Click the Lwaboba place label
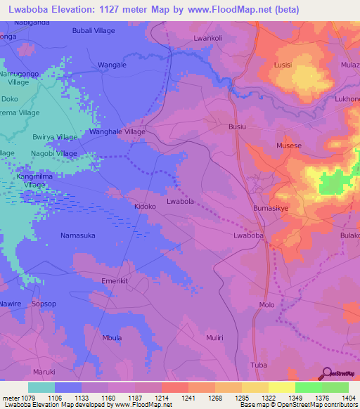[248, 237]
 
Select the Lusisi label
[282, 65]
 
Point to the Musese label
[289, 146]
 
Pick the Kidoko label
[145, 207]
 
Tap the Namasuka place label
[78, 235]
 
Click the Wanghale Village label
[117, 131]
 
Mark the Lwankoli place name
[207, 38]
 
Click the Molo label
[266, 304]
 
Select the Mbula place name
[112, 338]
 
